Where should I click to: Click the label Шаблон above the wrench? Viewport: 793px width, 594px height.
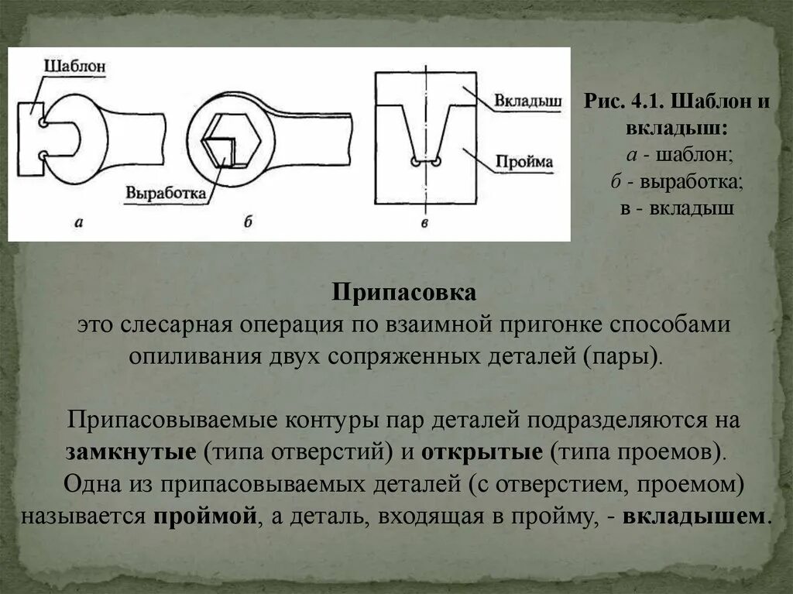click(x=74, y=66)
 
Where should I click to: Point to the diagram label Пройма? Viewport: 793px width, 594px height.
click(x=525, y=162)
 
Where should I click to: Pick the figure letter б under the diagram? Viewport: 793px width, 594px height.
click(x=248, y=222)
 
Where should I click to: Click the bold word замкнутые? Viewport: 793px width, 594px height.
click(x=131, y=452)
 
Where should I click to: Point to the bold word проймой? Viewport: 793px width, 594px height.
click(x=204, y=517)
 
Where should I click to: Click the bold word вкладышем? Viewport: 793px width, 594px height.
click(x=695, y=517)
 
